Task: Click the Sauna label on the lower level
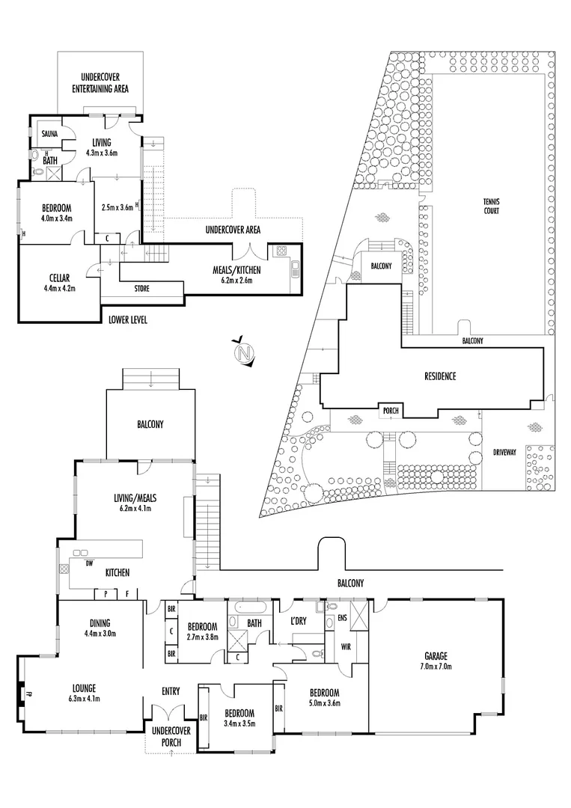click(40, 134)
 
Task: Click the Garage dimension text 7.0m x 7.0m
click(439, 666)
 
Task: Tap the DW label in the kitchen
click(89, 563)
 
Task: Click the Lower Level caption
click(127, 320)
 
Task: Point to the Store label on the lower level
click(142, 287)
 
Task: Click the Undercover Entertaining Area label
click(100, 83)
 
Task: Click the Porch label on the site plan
click(391, 411)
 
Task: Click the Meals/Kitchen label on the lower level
click(233, 269)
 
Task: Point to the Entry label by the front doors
click(171, 691)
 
